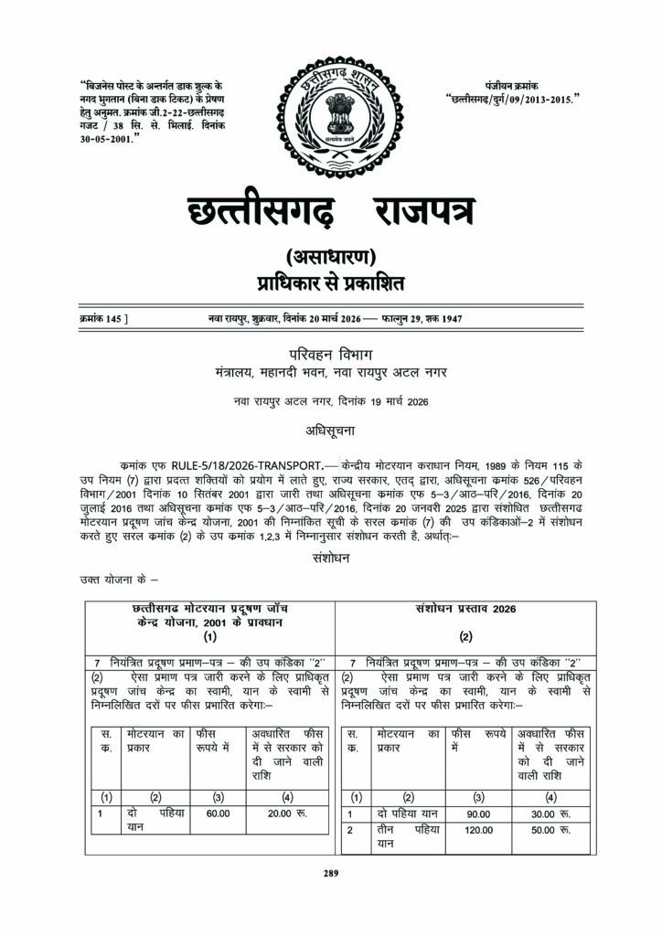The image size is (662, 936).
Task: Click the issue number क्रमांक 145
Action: point(102,318)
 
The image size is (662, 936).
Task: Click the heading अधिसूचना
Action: point(330,427)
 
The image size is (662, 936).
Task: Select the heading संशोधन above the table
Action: point(330,558)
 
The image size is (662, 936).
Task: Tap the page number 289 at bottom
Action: point(330,873)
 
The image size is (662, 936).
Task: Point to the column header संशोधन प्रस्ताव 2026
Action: point(465,609)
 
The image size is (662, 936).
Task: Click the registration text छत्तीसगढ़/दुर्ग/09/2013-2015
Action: point(513,96)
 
